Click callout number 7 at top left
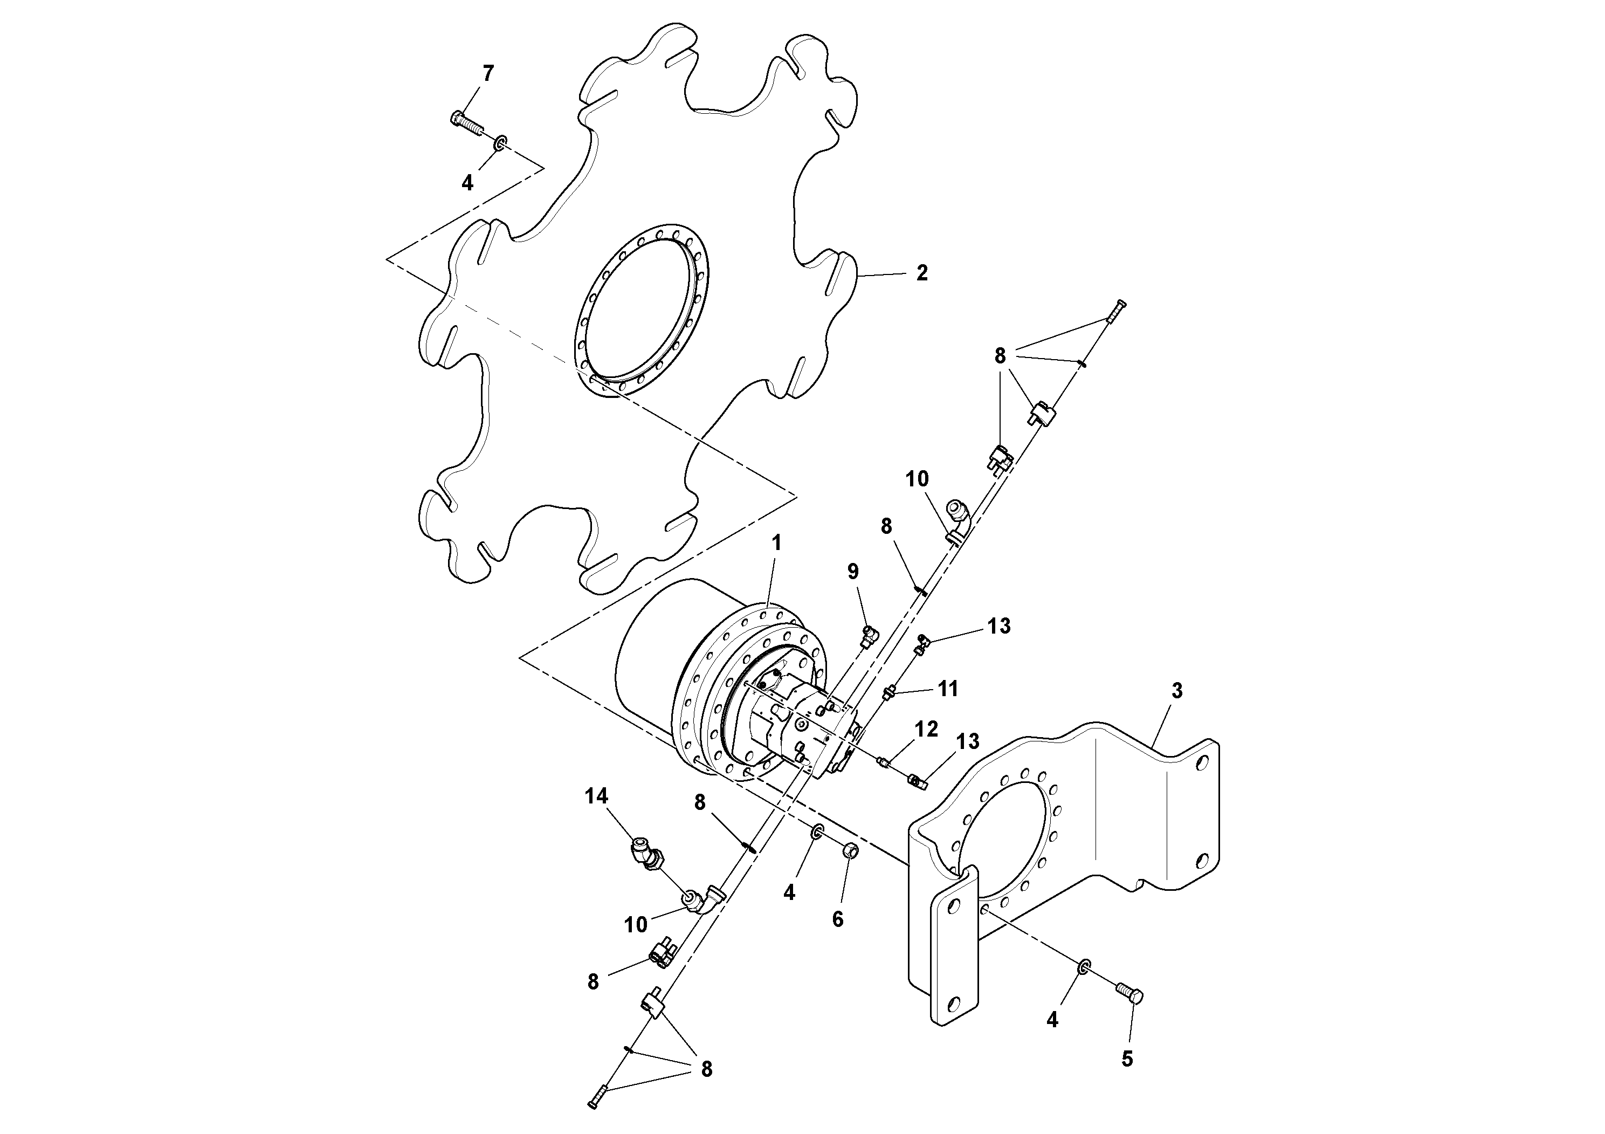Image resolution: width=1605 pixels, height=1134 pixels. (x=488, y=73)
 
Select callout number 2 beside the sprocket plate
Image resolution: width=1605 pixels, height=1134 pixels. (x=921, y=273)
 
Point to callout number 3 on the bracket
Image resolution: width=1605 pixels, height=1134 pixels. (x=1176, y=691)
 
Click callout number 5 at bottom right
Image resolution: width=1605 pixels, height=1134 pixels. (x=1127, y=1059)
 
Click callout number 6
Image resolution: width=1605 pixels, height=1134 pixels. (x=837, y=919)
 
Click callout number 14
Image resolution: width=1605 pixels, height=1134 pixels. (x=596, y=796)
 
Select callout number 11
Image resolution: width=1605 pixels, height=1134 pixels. (x=947, y=689)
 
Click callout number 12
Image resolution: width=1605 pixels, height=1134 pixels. (x=926, y=729)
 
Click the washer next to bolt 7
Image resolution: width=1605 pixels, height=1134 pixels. (x=499, y=144)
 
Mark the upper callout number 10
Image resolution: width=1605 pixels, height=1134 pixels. (x=917, y=479)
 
